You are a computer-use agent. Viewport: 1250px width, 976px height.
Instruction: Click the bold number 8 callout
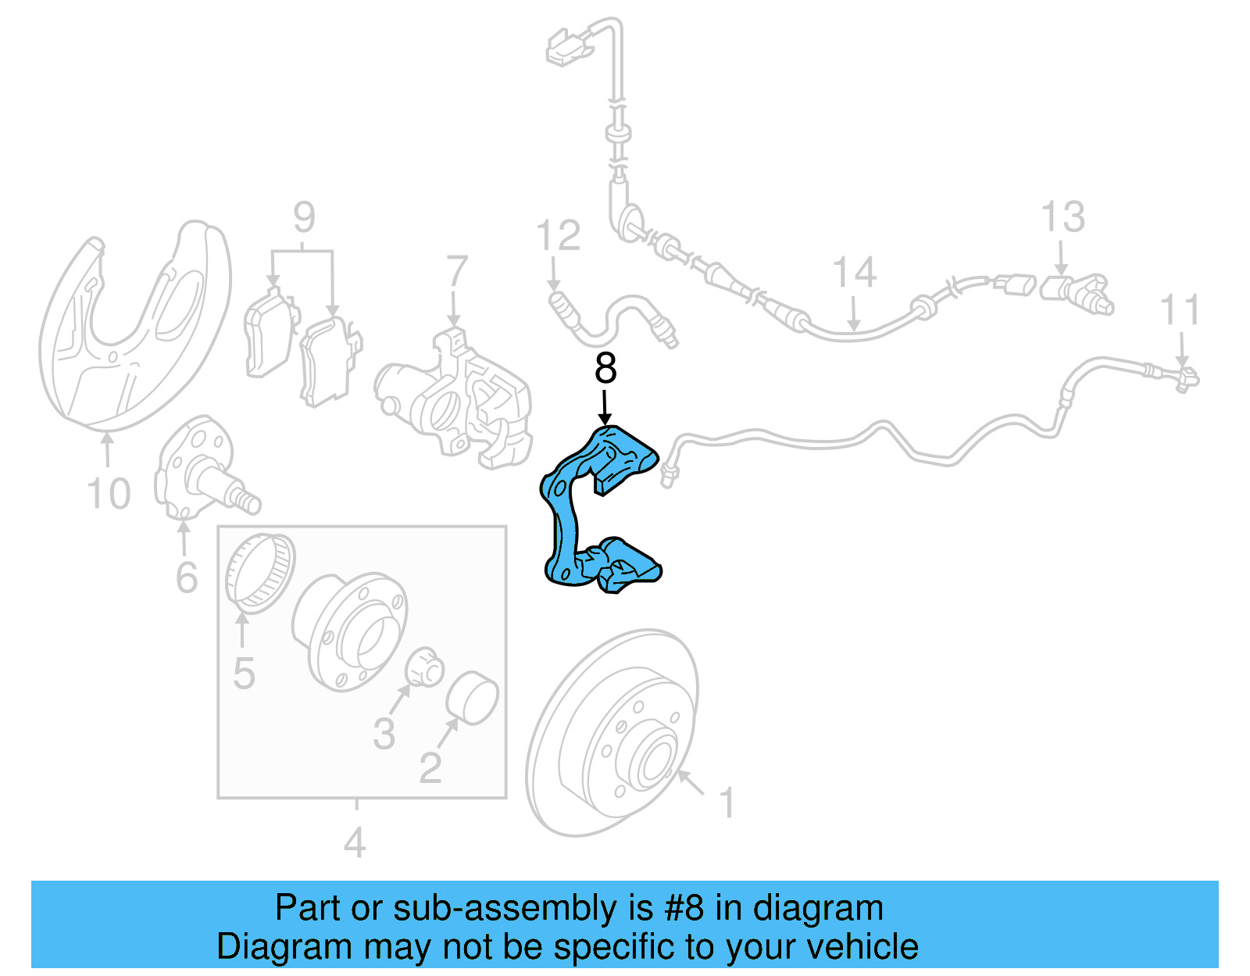point(605,369)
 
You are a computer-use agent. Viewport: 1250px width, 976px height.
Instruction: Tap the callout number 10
point(108,494)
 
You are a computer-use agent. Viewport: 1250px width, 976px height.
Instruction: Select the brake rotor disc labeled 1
point(613,735)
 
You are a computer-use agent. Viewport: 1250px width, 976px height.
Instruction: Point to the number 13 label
point(1062,217)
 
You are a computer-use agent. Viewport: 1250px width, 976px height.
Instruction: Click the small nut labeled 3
point(425,668)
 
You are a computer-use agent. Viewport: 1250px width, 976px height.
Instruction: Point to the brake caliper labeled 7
point(457,399)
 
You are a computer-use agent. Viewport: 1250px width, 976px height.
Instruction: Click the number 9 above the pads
point(304,217)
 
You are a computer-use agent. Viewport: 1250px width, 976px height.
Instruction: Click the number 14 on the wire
point(854,273)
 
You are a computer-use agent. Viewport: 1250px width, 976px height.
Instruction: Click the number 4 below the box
point(355,842)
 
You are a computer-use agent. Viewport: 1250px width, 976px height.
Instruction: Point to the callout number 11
point(1180,310)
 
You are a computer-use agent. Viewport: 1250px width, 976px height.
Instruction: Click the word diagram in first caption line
point(818,909)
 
